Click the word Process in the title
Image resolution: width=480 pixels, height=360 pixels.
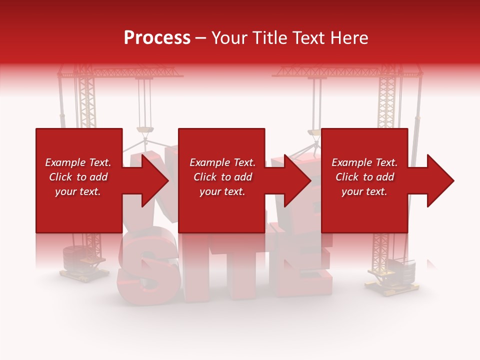pos(157,38)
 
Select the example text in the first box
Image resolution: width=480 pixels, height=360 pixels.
pos(78,177)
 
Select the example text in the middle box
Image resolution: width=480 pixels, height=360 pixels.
pos(222,177)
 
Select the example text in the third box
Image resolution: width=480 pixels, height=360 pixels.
pos(364,177)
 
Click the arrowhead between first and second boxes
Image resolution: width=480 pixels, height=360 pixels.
pos(155,180)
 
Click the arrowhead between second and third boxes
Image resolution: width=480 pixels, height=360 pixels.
pos(298,180)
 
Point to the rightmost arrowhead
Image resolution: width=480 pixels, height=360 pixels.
pos(440,180)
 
